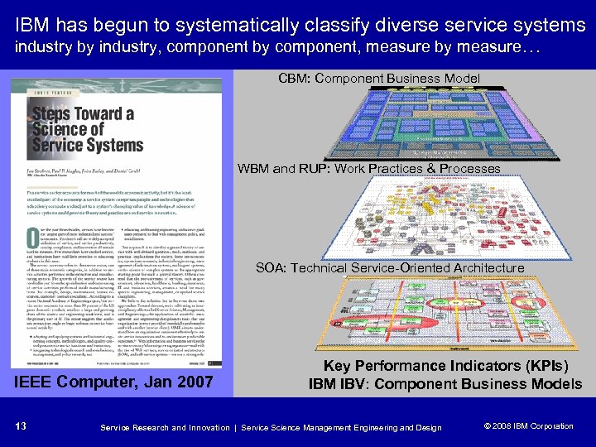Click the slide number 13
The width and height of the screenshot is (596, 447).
[20, 426]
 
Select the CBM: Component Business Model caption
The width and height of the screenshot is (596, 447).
[378, 79]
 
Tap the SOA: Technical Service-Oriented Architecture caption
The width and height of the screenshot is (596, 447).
[390, 267]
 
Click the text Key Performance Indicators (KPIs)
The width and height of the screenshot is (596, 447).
[445, 366]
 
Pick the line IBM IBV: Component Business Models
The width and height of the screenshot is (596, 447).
[445, 383]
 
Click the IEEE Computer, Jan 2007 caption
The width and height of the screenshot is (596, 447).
[114, 382]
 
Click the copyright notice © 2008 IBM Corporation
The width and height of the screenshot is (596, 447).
[528, 426]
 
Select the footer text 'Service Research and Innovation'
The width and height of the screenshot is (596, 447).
[164, 427]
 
